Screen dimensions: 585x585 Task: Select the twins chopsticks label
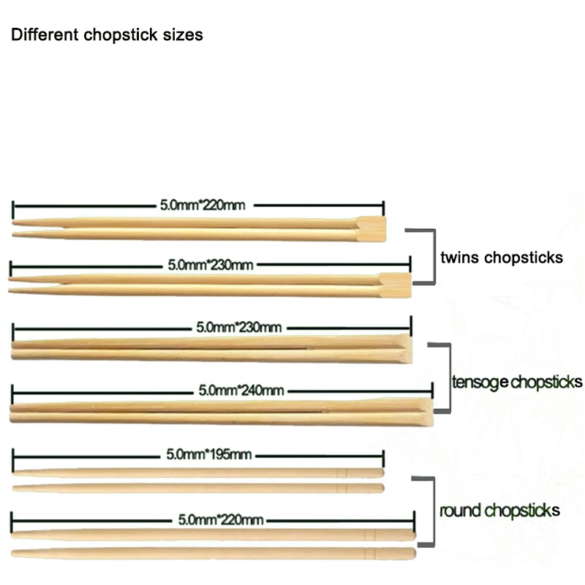click(502, 257)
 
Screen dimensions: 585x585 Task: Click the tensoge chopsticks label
click(517, 382)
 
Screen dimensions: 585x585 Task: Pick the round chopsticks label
click(500, 510)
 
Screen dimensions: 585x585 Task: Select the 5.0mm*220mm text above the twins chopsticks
click(202, 204)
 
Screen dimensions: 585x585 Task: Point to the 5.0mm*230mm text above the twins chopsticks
click(211, 264)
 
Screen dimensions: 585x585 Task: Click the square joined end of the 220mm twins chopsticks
click(371, 229)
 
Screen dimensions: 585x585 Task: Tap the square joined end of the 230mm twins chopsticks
click(395, 284)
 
